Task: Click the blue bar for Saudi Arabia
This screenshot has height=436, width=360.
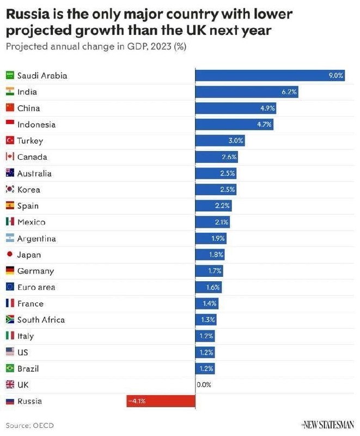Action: pyautogui.click(x=270, y=76)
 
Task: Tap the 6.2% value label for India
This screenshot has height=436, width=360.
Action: pyautogui.click(x=289, y=92)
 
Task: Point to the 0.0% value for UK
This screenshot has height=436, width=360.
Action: pyautogui.click(x=204, y=385)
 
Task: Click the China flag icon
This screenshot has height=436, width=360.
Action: pyautogui.click(x=10, y=108)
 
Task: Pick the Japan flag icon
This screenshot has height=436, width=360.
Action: pyautogui.click(x=10, y=255)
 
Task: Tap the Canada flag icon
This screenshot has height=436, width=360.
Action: pyautogui.click(x=10, y=157)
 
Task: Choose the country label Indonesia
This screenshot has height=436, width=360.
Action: pyautogui.click(x=36, y=125)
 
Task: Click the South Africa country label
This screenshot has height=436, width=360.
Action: pyautogui.click(x=41, y=320)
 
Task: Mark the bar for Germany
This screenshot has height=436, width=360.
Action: pyautogui.click(x=209, y=271)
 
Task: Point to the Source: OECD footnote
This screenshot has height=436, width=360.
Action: pyautogui.click(x=30, y=425)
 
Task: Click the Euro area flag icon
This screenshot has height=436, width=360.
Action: pyautogui.click(x=10, y=287)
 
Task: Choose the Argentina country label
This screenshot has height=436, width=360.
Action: pyautogui.click(x=36, y=239)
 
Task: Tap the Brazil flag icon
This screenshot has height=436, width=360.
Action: pyautogui.click(x=10, y=368)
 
